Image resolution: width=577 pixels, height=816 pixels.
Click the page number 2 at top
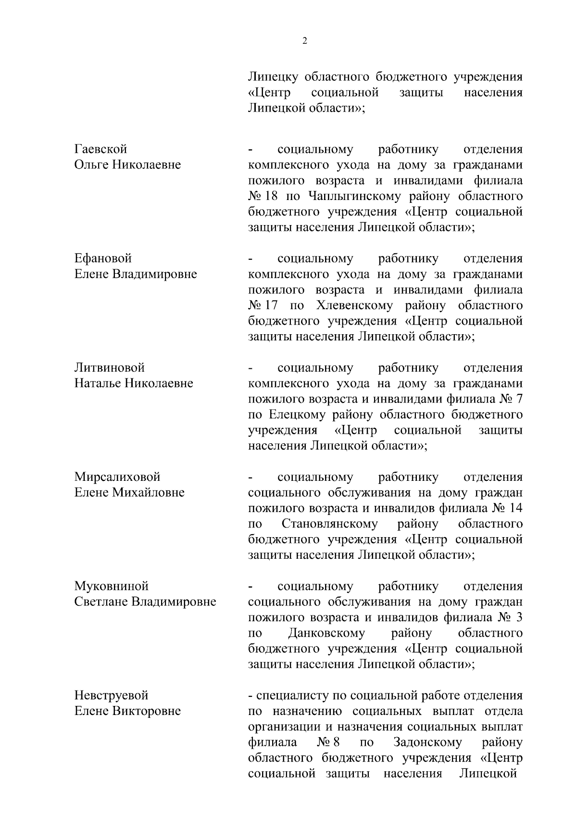pos(304,41)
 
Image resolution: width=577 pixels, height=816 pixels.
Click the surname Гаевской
pos(100,149)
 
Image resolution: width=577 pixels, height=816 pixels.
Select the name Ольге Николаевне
pos(127,165)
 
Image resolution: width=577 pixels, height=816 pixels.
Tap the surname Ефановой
pos(103,258)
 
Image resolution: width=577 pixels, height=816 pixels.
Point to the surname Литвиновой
pos(109,368)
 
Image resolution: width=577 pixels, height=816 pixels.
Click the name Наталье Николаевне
pos(133,383)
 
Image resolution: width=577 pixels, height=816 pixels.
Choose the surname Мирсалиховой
pos(117,477)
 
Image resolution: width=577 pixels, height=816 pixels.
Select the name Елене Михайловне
pos(129,492)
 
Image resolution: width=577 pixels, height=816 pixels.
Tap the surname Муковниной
pos(111,586)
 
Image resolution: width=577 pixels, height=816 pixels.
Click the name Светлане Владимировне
pos(145,602)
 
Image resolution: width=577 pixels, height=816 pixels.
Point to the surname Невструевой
pos(111,695)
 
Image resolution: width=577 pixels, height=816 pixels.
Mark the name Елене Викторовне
pos(127,711)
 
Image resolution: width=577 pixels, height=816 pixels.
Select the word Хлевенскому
pos(355,306)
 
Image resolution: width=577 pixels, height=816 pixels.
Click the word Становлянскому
pos(329,524)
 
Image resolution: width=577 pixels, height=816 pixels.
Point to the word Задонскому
pos(427,742)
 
